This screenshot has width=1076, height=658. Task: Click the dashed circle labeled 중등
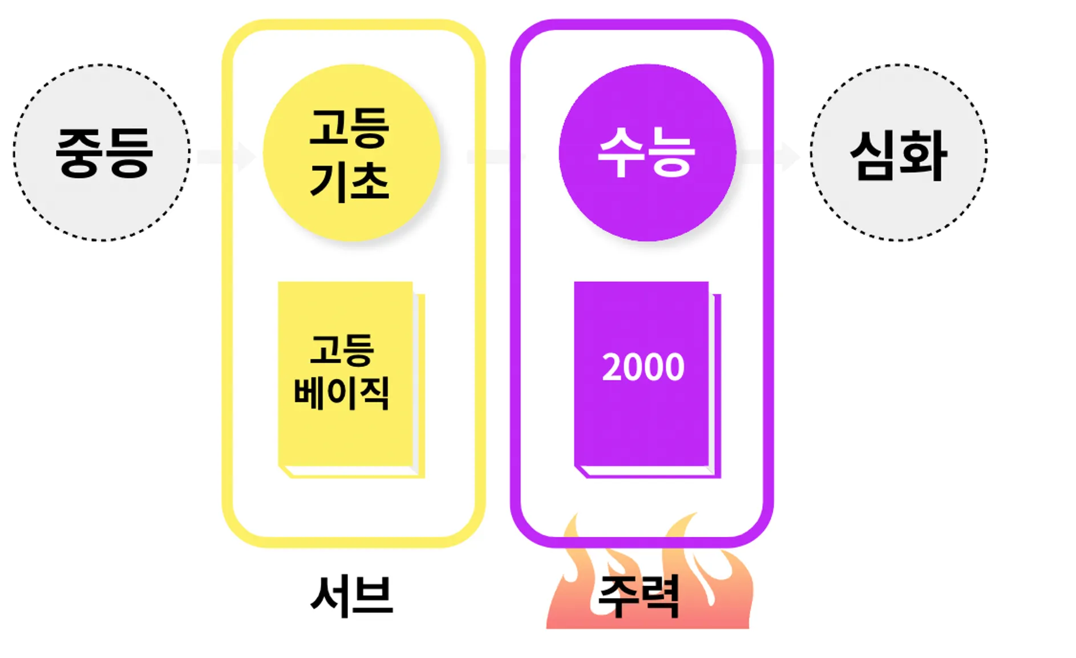click(x=102, y=153)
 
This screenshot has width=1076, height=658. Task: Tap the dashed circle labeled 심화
click(x=899, y=153)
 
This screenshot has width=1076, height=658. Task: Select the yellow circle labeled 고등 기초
click(x=351, y=153)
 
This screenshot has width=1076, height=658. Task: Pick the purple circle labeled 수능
click(x=647, y=153)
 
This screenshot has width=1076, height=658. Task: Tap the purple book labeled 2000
click(x=642, y=377)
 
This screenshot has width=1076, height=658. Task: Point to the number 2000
click(x=643, y=367)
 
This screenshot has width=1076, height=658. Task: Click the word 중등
click(x=104, y=153)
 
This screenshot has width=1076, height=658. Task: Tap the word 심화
click(x=899, y=155)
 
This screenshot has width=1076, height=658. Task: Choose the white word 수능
click(x=646, y=152)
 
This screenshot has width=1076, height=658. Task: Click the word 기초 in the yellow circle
click(x=350, y=181)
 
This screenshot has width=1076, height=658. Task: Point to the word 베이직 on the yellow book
click(x=342, y=392)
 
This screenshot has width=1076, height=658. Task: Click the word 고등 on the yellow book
click(x=342, y=349)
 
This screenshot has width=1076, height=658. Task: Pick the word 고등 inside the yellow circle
click(x=350, y=127)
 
